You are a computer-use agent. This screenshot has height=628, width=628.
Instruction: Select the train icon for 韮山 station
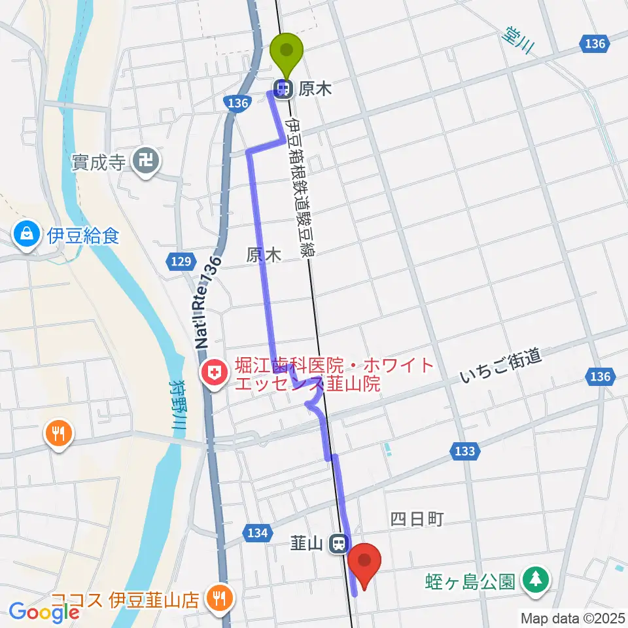pos(338,543)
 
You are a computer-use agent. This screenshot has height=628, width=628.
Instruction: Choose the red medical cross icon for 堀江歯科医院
pos(213,374)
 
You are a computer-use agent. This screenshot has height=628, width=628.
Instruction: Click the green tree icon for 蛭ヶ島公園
pos(536,580)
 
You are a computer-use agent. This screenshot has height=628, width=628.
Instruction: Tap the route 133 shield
pos(463,450)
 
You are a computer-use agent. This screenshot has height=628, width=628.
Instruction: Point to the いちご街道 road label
pos(500,366)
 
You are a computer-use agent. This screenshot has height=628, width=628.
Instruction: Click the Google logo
pos(43,612)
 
